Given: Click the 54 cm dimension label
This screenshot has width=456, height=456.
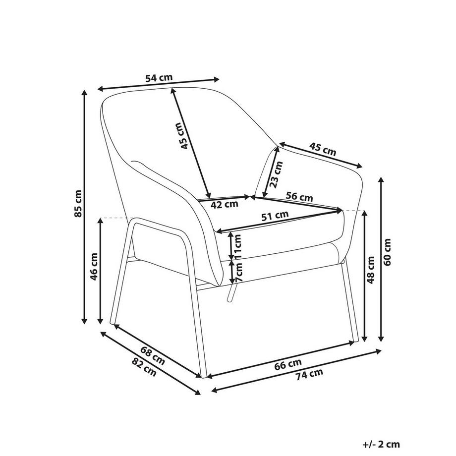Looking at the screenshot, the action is [159, 78].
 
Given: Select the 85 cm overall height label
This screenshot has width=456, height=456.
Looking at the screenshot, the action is [78, 204].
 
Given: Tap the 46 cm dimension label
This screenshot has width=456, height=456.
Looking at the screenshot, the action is [94, 267].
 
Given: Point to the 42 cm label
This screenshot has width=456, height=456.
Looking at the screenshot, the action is [224, 204].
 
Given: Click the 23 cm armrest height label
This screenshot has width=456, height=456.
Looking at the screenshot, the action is [276, 174].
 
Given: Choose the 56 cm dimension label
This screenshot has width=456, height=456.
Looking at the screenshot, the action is [299, 197].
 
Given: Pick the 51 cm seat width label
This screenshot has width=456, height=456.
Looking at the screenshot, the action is [275, 216].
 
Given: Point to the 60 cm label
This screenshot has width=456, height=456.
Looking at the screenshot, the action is [387, 252].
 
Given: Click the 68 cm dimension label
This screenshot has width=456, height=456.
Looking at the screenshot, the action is [153, 356].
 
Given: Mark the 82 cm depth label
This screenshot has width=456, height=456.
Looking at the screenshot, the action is [144, 367].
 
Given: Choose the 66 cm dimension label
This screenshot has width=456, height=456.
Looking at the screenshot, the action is [288, 364].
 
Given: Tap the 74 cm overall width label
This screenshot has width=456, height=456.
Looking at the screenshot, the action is [309, 374].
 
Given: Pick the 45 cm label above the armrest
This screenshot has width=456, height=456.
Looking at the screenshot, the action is [323, 149].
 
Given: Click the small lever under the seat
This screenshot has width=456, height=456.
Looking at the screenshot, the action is [231, 293].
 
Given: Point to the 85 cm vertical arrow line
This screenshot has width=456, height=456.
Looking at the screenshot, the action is [84, 207].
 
